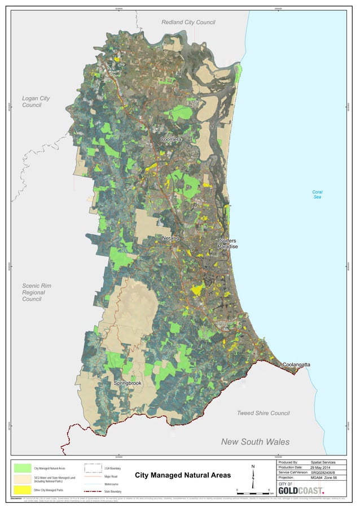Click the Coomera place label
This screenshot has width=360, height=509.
pyautogui.click(x=170, y=139)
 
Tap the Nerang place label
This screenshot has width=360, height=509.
pyautogui.click(x=170, y=238)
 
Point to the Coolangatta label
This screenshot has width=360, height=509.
pyautogui.click(x=296, y=365)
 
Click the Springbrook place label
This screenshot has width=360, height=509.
pyautogui.click(x=128, y=383)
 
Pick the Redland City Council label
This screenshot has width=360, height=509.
pyautogui.click(x=188, y=22)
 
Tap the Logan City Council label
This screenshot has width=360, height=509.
pyautogui.click(x=36, y=102)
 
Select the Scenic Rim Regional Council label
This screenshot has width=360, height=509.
pyautogui.click(x=37, y=292)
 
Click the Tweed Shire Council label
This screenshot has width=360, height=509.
pyautogui.click(x=263, y=413)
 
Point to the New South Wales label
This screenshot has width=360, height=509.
pyautogui.click(x=255, y=441)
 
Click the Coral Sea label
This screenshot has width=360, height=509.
pyautogui.click(x=317, y=195)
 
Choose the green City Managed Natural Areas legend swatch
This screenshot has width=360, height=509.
pyautogui.click(x=23, y=468)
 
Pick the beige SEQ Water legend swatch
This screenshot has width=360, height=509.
pyautogui.click(x=23, y=479)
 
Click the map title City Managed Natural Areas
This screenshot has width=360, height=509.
pyautogui.click(x=183, y=476)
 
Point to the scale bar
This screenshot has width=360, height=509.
pyautogui.click(x=254, y=492)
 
